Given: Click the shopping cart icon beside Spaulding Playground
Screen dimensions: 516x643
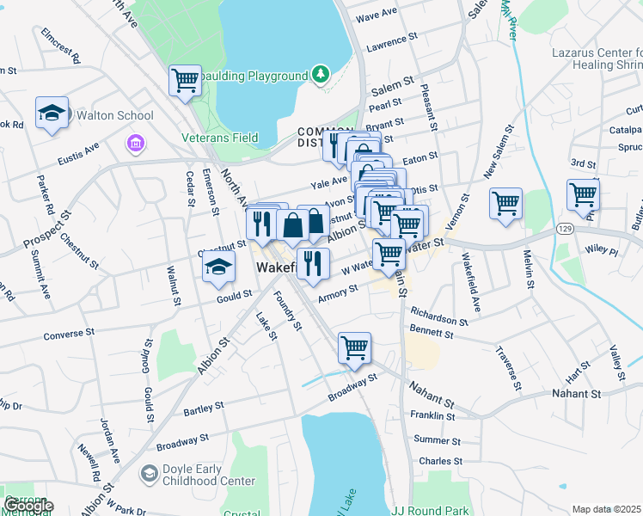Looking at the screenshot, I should [185, 81].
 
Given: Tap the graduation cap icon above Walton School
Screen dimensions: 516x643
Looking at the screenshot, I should [52, 113].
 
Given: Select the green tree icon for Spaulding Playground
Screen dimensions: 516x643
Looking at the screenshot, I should [320, 75].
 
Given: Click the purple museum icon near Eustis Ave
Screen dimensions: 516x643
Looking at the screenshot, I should [135, 142].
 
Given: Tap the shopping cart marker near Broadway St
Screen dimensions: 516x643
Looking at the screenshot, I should [354, 348].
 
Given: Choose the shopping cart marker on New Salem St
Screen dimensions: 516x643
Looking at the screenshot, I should [505, 204].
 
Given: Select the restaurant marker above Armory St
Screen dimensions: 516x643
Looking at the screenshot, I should [313, 263].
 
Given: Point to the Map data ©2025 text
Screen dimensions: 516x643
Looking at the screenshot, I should [606, 509].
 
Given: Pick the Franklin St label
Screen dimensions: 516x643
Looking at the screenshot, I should [433, 416].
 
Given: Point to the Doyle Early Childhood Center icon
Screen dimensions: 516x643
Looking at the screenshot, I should [150, 473].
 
